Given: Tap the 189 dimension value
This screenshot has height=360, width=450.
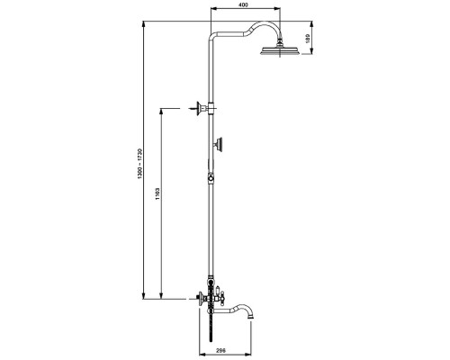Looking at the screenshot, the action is [308, 38].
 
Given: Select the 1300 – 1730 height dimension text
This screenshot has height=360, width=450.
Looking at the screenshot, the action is [139, 164].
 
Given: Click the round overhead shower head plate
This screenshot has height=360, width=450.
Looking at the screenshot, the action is [280, 51].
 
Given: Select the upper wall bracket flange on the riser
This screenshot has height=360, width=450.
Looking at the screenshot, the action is [198, 108].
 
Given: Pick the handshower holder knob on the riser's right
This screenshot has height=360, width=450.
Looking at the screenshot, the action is [220, 145].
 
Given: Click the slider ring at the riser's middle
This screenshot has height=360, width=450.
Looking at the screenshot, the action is [211, 178].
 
